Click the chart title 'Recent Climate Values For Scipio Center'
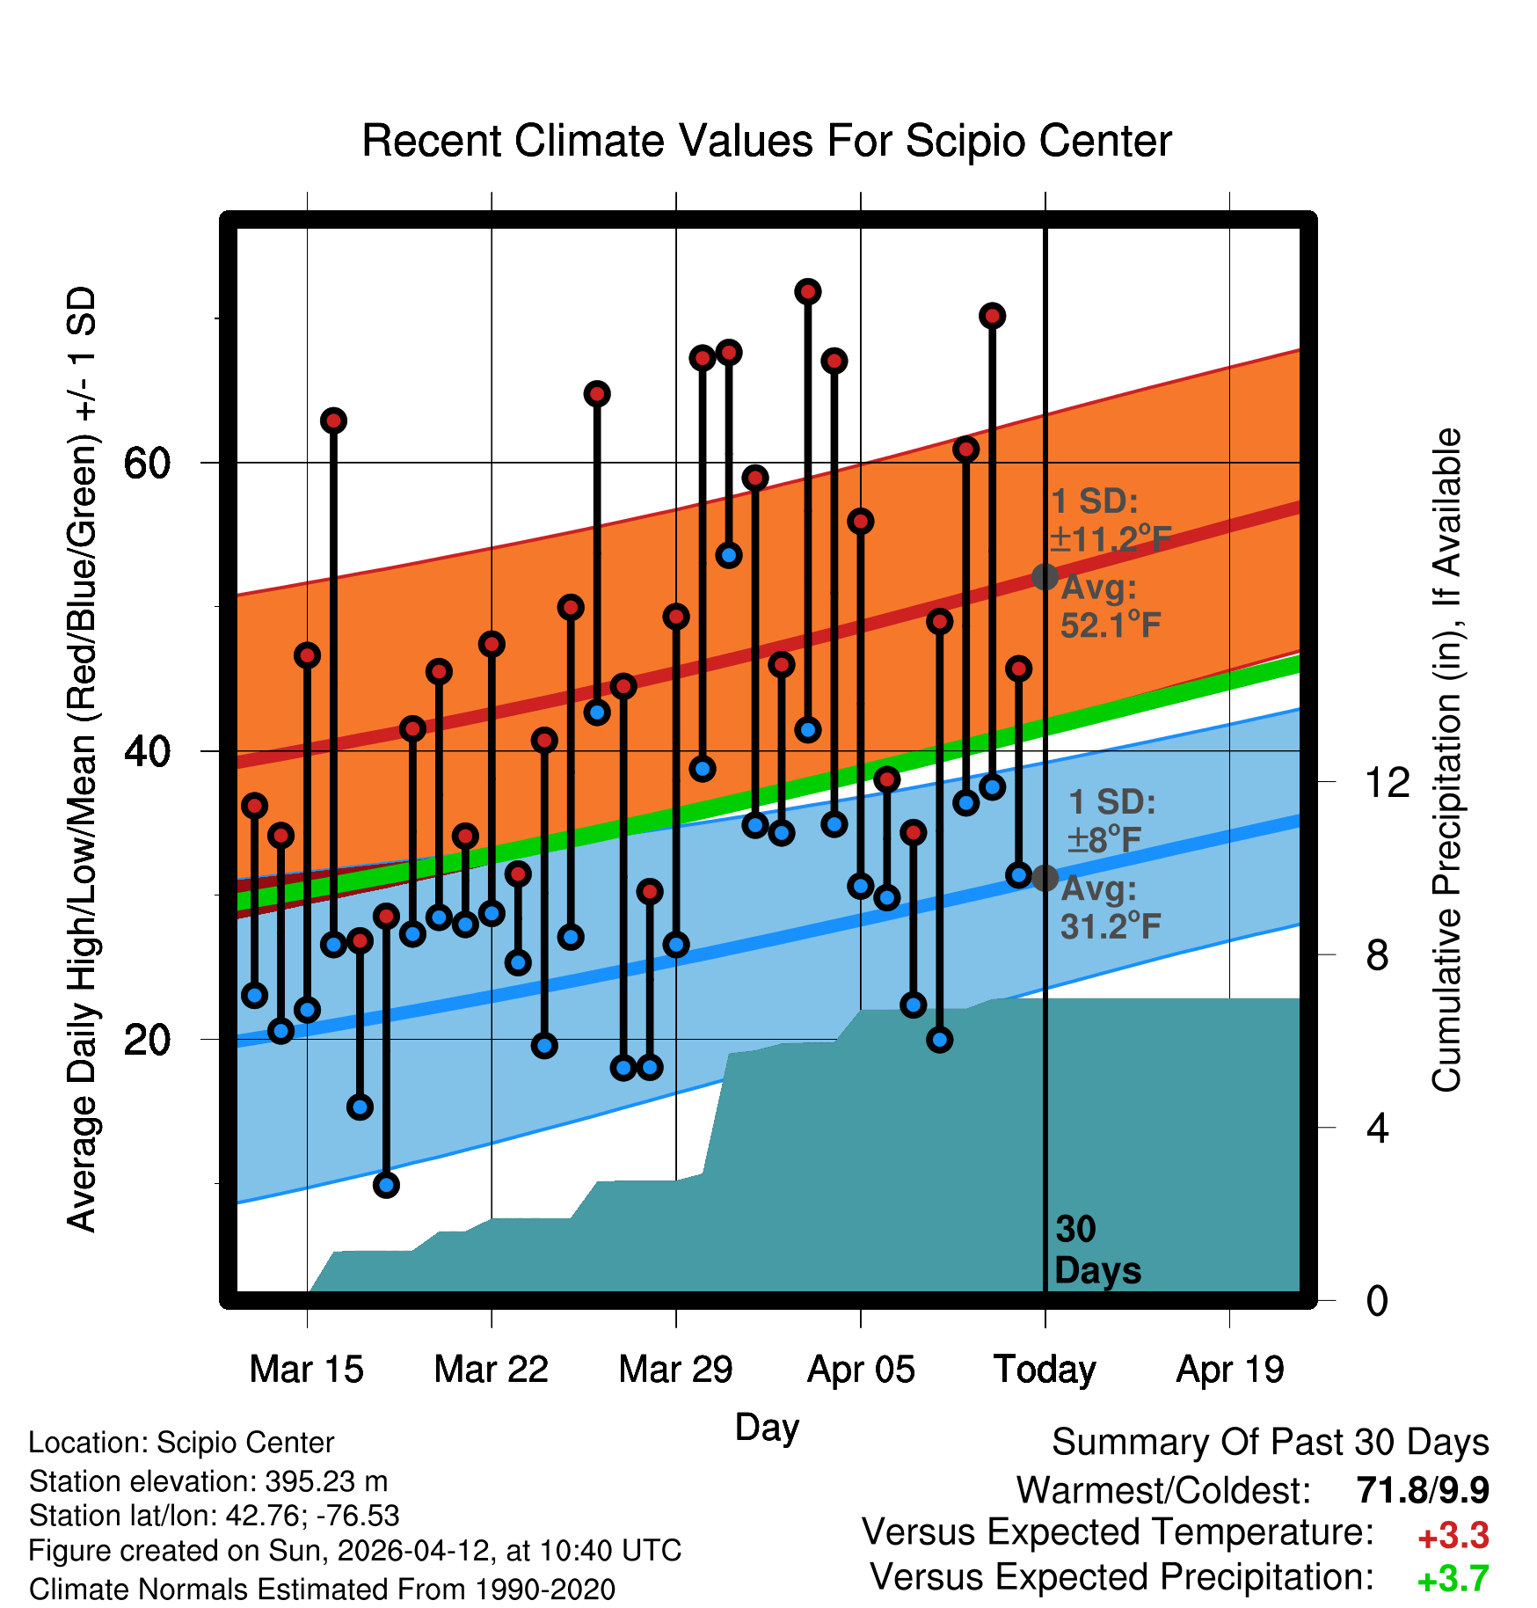(x=767, y=141)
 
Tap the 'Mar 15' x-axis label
(x=306, y=1370)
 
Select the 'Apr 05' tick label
(x=861, y=1370)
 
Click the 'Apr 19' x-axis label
(x=1230, y=1370)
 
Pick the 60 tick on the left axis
(x=147, y=463)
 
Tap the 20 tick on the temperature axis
(x=147, y=1040)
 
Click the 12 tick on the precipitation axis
(x=1388, y=782)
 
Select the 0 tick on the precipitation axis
(x=1377, y=1300)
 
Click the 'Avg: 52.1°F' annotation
(x=1111, y=606)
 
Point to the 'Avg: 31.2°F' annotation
(x=1111, y=907)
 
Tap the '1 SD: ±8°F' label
(x=1111, y=821)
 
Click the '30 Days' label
(x=1096, y=1250)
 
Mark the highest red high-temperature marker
(x=808, y=291)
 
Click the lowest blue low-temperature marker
(x=386, y=1185)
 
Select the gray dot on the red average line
(x=1045, y=577)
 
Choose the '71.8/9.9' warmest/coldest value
(x=1423, y=1490)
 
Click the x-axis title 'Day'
(x=767, y=1428)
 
